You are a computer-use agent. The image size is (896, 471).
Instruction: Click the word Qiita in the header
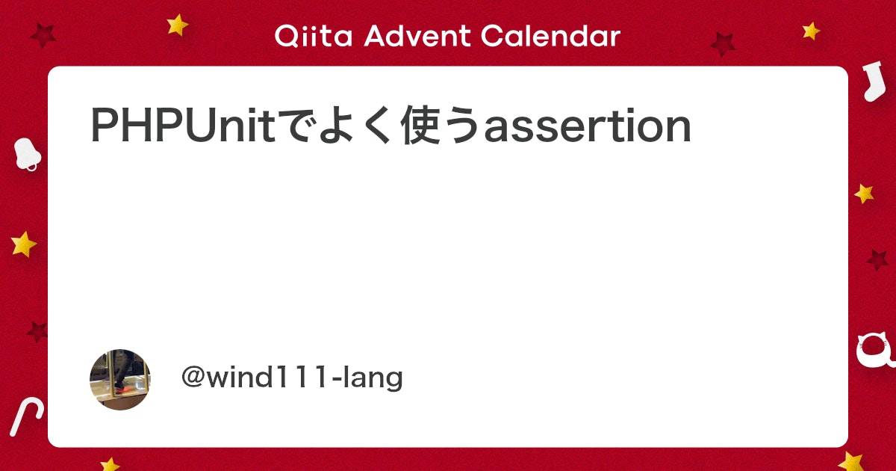point(313,36)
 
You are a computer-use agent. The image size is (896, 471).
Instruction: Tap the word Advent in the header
point(417,36)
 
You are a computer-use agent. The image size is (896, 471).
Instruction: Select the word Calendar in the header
point(550,36)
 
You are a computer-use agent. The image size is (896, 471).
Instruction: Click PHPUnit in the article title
point(183,126)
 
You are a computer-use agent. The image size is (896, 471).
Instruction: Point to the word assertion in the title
point(588,126)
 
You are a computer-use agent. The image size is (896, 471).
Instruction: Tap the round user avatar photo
point(120,379)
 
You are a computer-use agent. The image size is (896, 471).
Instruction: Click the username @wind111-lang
point(292,378)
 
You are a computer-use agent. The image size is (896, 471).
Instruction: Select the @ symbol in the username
point(194,377)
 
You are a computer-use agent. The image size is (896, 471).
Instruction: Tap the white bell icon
point(27,155)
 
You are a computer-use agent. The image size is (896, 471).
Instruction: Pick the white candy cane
point(26,416)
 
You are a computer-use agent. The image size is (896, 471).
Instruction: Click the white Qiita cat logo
point(875,351)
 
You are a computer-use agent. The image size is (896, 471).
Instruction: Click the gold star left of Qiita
point(177,25)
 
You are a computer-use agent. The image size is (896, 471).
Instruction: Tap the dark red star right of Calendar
point(723,44)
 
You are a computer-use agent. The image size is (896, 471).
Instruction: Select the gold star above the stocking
point(811,31)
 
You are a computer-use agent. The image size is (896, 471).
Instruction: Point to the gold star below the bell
point(24,244)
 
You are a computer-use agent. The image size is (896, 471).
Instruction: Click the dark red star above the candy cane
point(37,332)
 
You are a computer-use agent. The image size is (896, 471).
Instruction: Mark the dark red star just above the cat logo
point(877,260)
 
